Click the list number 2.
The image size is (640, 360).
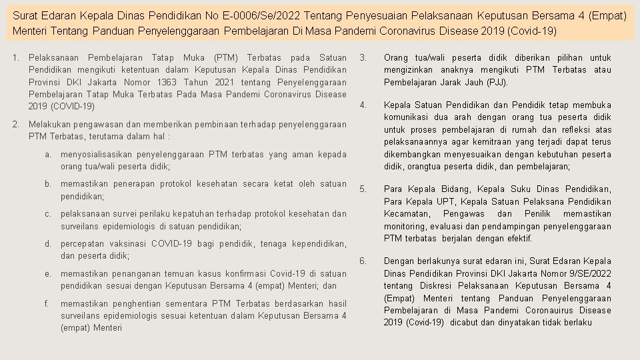15,125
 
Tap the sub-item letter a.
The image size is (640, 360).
48,155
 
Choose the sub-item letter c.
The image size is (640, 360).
48,214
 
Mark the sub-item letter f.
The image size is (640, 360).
48,303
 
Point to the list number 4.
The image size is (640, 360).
363,105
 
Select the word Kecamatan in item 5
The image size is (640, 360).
406,214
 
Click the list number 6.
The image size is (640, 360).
363,261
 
